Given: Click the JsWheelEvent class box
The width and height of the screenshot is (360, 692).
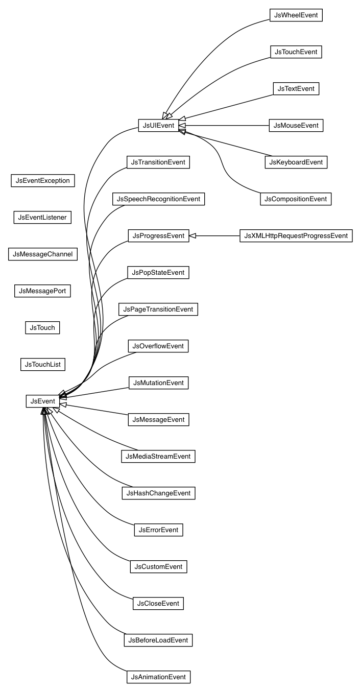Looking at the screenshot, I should pyautogui.click(x=296, y=15).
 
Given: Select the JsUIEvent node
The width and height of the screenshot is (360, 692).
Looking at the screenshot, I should pyautogui.click(x=158, y=126).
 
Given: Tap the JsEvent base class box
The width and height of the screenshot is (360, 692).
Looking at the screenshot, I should pyautogui.click(x=42, y=401).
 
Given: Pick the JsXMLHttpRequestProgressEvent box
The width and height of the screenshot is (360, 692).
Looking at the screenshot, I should pyautogui.click(x=296, y=236).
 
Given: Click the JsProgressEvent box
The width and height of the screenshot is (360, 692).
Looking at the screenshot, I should pyautogui.click(x=158, y=236).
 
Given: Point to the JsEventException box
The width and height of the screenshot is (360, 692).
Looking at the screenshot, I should pyautogui.click(x=42, y=181).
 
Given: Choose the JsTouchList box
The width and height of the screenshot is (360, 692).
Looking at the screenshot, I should pyautogui.click(x=43, y=365).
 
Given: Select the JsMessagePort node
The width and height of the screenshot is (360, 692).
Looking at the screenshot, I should pyautogui.click(x=42, y=291).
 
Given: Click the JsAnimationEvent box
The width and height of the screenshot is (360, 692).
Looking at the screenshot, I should pyautogui.click(x=158, y=677).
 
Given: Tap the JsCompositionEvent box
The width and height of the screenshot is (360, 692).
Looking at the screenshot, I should pyautogui.click(x=296, y=199).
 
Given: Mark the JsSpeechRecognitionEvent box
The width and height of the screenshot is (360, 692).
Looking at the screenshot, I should pyautogui.click(x=158, y=199).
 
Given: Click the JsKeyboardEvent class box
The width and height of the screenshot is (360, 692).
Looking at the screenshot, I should pyautogui.click(x=296, y=162).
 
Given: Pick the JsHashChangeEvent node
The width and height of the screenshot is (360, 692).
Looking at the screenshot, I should pyautogui.click(x=158, y=493).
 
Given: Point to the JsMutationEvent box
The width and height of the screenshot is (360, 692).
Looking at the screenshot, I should pyautogui.click(x=158, y=383).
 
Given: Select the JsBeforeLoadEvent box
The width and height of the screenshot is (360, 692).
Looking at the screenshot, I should pyautogui.click(x=158, y=640).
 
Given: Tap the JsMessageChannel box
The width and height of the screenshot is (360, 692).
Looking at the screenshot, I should pyautogui.click(x=42, y=254).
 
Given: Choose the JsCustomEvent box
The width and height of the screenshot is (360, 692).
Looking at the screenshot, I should pyautogui.click(x=158, y=567).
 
